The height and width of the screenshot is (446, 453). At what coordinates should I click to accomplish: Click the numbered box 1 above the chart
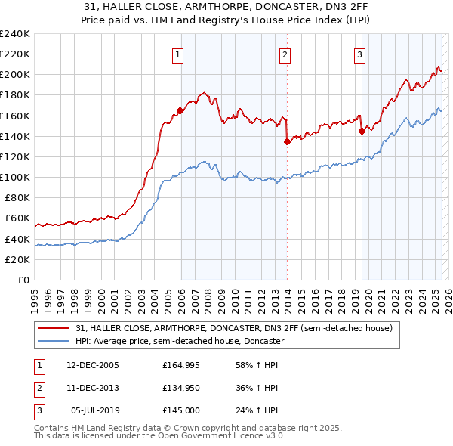[177, 54]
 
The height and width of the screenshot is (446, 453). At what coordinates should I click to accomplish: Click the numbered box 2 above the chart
[285, 54]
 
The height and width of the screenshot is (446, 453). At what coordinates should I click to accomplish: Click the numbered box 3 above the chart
[359, 54]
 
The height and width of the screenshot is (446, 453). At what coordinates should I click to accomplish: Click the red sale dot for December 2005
[180, 110]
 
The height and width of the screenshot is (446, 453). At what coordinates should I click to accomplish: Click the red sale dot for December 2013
[288, 141]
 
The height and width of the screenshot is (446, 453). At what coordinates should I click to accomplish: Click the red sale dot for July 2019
[362, 131]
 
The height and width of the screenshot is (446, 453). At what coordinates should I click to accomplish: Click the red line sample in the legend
[54, 329]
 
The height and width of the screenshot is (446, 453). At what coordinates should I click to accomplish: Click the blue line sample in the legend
[54, 342]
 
